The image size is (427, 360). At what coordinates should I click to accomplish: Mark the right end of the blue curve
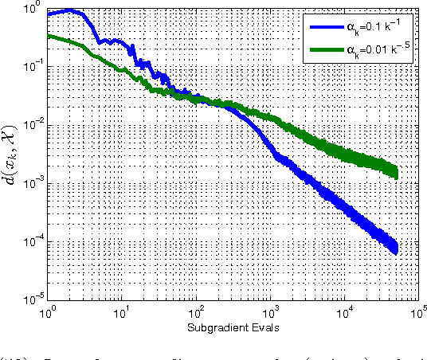tap(396, 248)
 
